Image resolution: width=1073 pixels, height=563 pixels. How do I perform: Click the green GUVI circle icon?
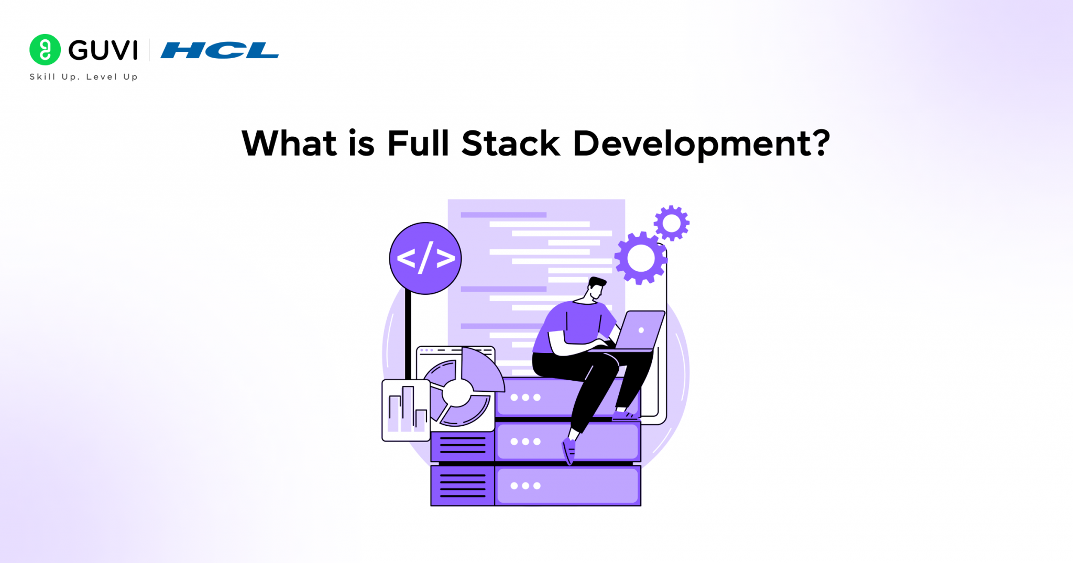coord(45,50)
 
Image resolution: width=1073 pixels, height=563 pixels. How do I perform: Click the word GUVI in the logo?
coord(103,50)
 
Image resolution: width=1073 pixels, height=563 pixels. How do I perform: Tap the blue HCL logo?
coord(220,50)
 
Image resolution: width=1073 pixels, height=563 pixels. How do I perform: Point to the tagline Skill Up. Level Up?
coord(83,77)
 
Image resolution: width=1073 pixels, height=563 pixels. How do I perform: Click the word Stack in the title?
coord(511,143)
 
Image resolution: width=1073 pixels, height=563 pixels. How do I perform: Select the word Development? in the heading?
coord(702,143)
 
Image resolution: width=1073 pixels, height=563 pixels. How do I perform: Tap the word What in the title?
coord(289,143)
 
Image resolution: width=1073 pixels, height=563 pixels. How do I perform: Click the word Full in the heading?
coord(418,143)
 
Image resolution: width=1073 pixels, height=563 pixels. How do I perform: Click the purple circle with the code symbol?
coord(425,258)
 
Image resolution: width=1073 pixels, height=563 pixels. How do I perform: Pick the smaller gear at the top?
coord(672,223)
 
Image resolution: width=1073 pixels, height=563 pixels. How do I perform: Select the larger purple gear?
coord(640,258)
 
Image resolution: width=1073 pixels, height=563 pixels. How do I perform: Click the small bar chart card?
coord(406,411)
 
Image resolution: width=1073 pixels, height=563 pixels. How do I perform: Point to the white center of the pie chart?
coord(457,393)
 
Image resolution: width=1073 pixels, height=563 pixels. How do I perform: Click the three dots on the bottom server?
coord(525,486)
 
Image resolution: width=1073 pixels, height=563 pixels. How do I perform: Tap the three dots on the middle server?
coord(525,441)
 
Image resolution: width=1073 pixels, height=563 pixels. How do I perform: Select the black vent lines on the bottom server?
coord(463,485)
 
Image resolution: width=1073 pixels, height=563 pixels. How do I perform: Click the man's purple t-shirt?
coord(579,325)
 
